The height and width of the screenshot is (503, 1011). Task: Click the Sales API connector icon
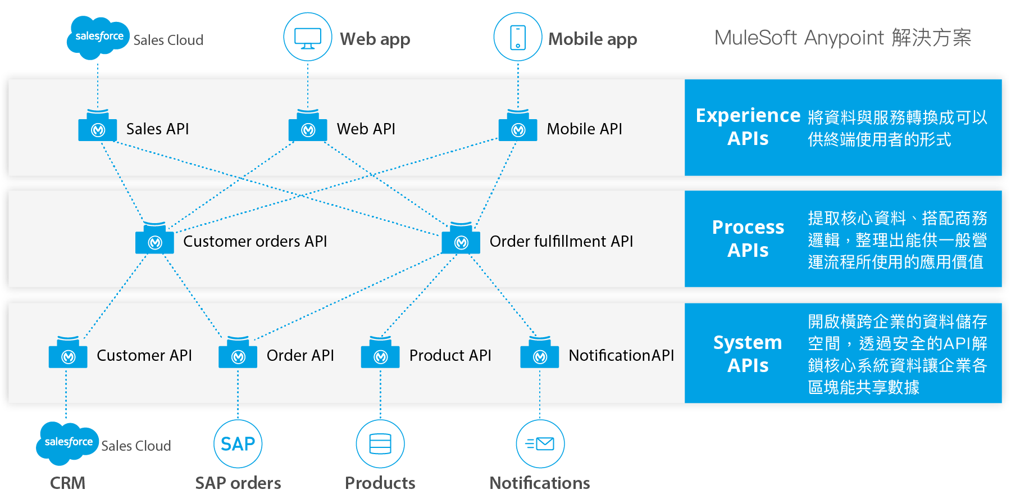98,128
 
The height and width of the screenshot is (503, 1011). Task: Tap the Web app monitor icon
308,38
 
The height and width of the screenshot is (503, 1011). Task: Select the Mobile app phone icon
518,38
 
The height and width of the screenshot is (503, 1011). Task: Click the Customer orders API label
255,241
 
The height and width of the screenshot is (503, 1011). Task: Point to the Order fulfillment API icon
461,241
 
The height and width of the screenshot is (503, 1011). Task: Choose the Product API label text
450,355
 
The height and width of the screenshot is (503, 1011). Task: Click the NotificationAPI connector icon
540,355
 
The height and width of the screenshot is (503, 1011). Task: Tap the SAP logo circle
238,444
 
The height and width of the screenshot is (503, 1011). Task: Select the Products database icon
380,444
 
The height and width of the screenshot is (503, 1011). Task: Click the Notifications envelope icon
540,444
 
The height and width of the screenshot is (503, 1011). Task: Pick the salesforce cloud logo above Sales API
98,37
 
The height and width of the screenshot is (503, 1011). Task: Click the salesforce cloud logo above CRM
67,443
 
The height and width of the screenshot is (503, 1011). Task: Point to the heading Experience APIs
748,126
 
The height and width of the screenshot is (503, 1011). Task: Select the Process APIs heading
748,238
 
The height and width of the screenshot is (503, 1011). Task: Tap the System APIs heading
748,354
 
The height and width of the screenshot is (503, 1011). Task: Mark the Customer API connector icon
68,355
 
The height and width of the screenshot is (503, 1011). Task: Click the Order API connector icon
238,355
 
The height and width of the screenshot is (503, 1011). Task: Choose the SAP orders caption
238,483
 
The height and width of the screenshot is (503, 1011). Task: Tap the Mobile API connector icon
518,128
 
